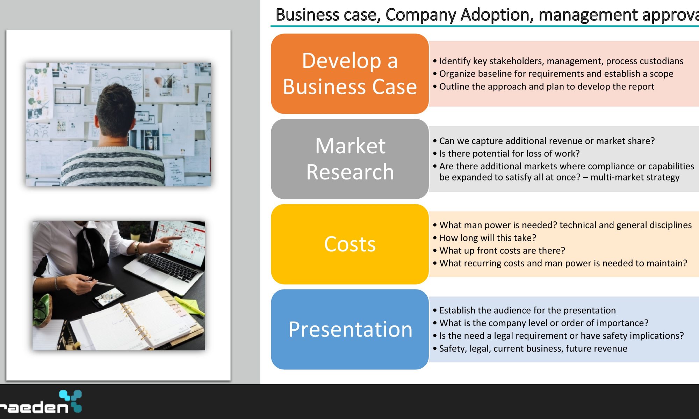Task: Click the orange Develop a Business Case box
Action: point(350,74)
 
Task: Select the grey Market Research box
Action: point(350,159)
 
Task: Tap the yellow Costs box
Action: point(350,244)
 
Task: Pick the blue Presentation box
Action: point(350,329)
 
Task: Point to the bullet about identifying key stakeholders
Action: point(558,61)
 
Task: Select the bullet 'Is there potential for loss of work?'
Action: point(506,154)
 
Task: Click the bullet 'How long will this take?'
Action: point(485,238)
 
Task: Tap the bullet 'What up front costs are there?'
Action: point(499,250)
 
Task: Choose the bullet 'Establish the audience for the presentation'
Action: point(525,310)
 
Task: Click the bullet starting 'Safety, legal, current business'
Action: point(530,348)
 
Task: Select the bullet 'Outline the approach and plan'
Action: point(543,87)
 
